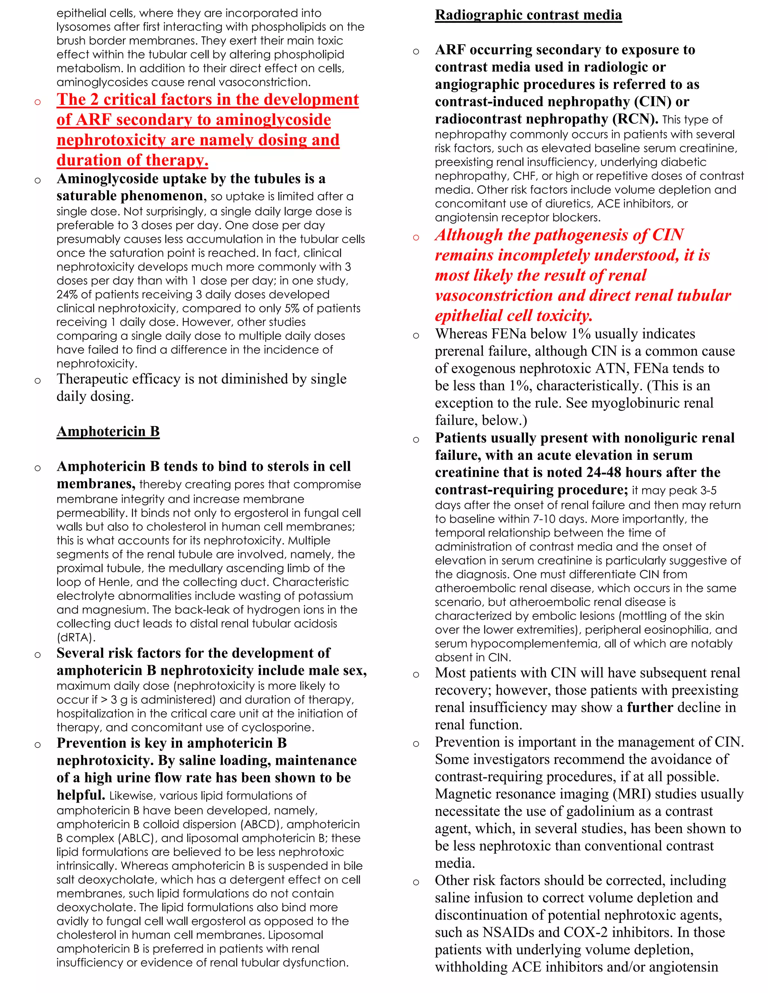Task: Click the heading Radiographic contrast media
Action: point(528,15)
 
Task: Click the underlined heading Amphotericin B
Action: point(108,431)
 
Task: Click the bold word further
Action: point(650,707)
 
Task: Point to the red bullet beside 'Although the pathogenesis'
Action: point(416,237)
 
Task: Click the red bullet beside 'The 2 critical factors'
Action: point(38,102)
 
